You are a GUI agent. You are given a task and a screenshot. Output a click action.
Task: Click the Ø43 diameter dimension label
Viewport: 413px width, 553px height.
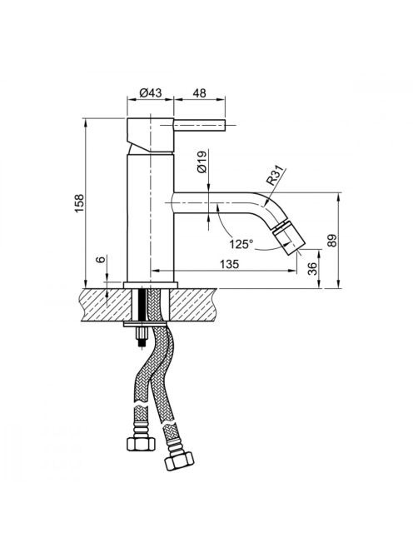(x=151, y=92)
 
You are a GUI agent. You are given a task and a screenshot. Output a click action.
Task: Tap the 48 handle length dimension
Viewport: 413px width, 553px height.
(x=199, y=92)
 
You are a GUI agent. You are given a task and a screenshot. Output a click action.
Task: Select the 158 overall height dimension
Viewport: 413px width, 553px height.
(x=79, y=202)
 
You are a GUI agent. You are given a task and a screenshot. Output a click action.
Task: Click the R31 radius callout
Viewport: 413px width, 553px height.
(x=275, y=177)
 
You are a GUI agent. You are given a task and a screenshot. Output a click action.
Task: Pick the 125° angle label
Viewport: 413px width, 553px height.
(x=241, y=244)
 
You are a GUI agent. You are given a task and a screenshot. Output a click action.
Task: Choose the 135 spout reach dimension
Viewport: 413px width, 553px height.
(x=230, y=264)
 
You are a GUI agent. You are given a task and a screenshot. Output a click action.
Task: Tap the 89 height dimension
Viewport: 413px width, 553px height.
(x=332, y=240)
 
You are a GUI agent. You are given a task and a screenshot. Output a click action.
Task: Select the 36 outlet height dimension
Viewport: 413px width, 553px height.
(x=313, y=269)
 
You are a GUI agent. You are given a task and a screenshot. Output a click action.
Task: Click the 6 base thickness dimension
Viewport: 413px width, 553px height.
(x=102, y=260)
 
